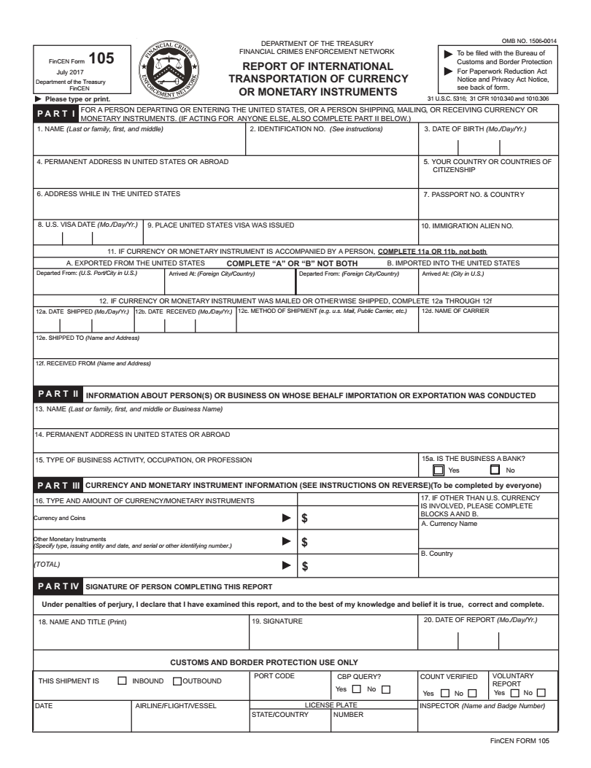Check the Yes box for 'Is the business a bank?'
439,470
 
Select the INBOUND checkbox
123,681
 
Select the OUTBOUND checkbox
177,681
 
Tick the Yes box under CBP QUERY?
358,689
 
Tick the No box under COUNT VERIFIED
472,693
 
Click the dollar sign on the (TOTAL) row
305,565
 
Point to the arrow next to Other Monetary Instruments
287,542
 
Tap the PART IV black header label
58,586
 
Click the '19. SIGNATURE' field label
277,621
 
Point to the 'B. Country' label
438,554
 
